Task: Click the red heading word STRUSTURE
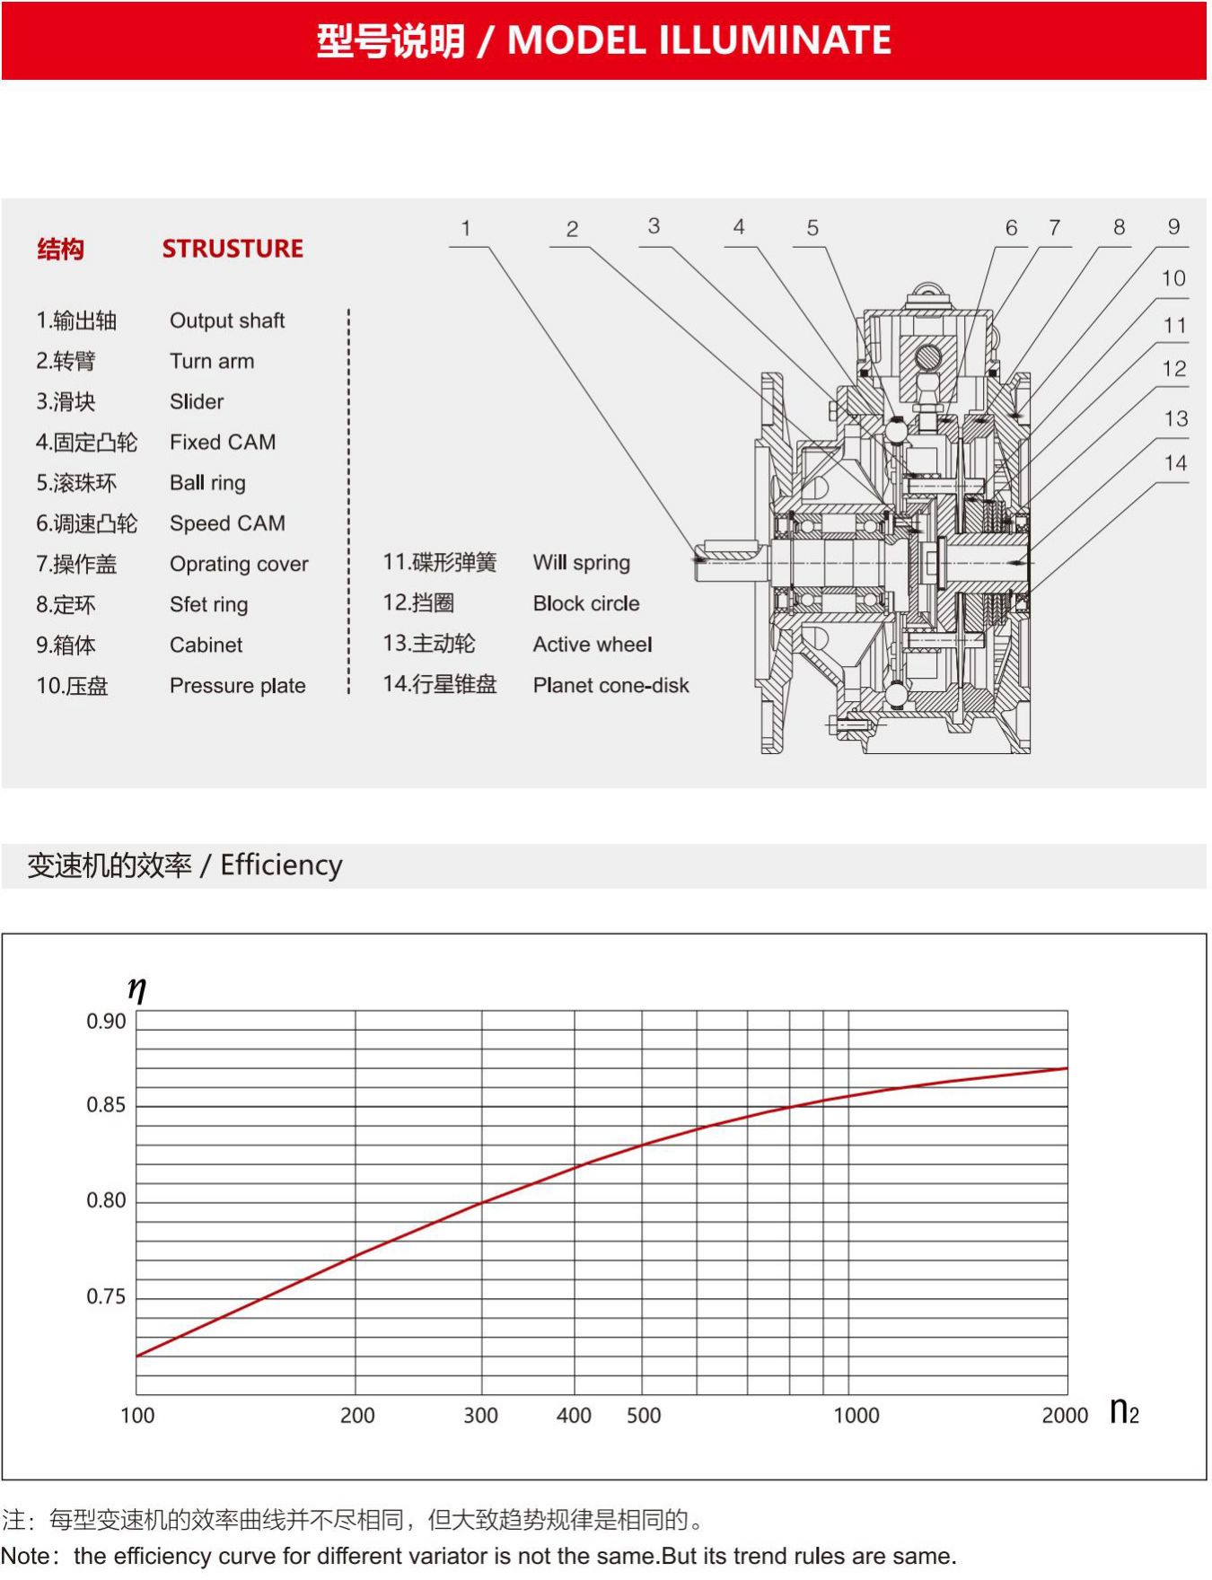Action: [233, 249]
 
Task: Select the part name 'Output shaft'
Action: [227, 320]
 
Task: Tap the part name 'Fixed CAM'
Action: [223, 442]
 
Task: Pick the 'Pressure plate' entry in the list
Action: [238, 685]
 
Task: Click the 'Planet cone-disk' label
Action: [610, 685]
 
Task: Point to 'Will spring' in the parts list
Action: [581, 563]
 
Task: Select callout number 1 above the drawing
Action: [466, 228]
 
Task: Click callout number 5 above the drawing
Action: [812, 228]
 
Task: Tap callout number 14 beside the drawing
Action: [1175, 463]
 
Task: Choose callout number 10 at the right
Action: [1173, 278]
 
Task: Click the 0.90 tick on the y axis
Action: [106, 1022]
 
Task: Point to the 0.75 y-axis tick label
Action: [106, 1296]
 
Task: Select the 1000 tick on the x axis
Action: [856, 1416]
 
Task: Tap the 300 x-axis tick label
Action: [480, 1416]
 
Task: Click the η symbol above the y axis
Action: [136, 989]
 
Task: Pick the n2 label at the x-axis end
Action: [1124, 1412]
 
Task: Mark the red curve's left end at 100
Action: [137, 1356]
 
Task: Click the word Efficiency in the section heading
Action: [281, 865]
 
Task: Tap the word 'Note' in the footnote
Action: [24, 1556]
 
